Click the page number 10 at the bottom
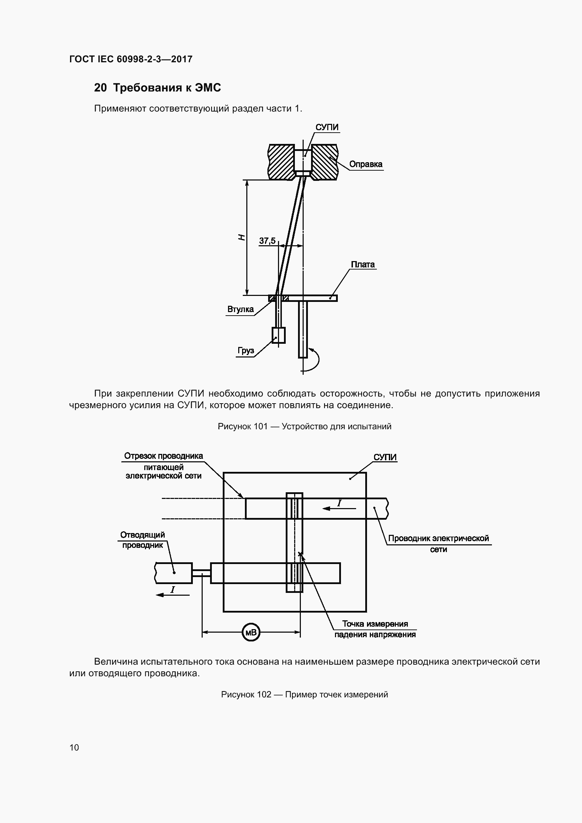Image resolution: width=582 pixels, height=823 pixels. point(74,747)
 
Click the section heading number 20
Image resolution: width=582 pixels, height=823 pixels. point(100,88)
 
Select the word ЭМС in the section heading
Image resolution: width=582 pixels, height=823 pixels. point(208,88)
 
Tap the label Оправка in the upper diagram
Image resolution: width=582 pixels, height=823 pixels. point(366,164)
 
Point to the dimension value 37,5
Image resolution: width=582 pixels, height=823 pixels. point(267,241)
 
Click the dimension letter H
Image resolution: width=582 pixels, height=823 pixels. point(242,237)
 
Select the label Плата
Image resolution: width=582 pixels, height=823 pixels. point(363,265)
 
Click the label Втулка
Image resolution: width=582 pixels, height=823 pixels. point(240,309)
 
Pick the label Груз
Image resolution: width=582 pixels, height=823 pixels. point(246,350)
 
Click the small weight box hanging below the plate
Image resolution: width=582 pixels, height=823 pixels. point(278,336)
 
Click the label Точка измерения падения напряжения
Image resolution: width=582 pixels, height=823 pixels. point(375,629)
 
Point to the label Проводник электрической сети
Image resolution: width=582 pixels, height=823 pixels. point(438,543)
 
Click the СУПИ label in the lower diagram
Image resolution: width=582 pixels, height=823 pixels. point(385,457)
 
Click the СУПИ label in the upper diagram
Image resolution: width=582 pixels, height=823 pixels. point(327,127)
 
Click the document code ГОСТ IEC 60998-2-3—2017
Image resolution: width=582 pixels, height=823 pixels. point(131,59)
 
